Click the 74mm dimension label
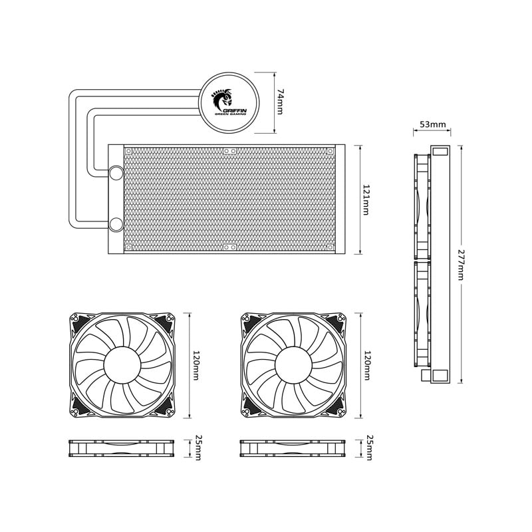280,102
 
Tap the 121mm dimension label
366,199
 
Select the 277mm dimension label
461,265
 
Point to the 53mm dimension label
433,124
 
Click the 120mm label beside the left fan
196,365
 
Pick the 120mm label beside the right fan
366,365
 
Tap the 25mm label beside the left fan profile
198,448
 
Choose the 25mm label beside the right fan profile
368,448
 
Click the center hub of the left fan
122,365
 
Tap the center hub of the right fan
293,365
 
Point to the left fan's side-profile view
122,448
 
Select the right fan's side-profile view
293,448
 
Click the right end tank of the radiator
340,199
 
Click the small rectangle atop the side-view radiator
440,152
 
